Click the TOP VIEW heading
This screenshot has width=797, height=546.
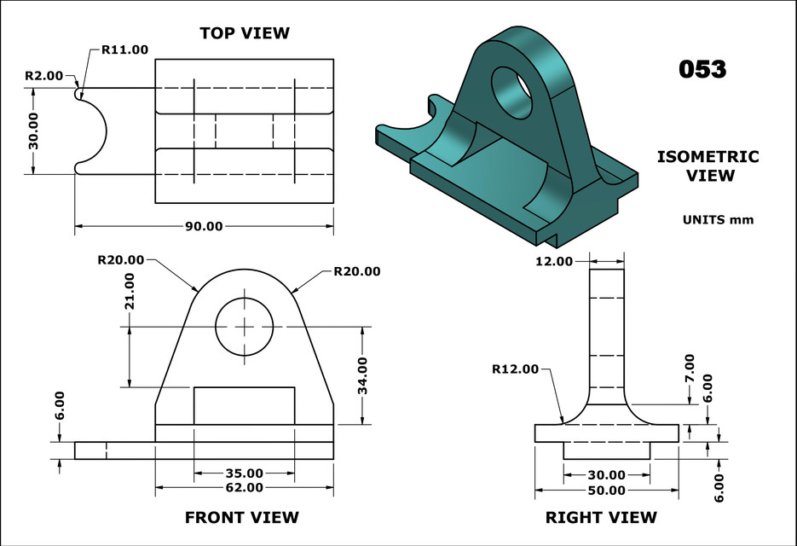click(245, 33)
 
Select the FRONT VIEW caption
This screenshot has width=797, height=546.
click(242, 518)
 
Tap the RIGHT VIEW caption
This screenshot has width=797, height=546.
click(601, 518)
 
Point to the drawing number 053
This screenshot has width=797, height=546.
click(702, 69)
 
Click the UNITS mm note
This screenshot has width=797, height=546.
click(718, 220)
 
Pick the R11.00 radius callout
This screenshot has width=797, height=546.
click(125, 49)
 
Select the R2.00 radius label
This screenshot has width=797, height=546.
click(44, 76)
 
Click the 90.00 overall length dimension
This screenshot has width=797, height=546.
click(204, 226)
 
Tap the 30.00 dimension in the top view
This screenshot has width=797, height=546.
click(33, 131)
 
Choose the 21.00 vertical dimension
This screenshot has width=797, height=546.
click(130, 291)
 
